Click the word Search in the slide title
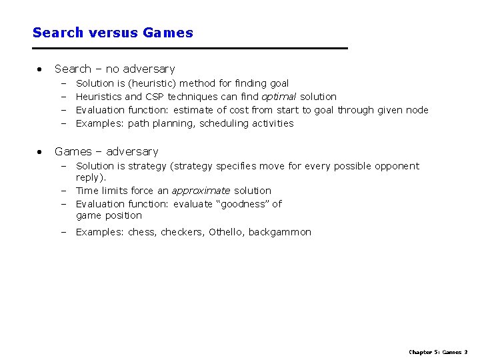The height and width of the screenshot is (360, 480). coord(57,33)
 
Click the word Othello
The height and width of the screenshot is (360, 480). coord(227,232)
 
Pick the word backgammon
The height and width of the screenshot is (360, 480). coord(280,232)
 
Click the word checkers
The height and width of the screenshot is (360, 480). coord(182,232)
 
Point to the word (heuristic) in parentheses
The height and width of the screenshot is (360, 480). coord(151,83)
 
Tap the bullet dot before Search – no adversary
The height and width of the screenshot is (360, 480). coord(41,69)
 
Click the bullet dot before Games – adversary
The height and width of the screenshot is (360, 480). coord(41,151)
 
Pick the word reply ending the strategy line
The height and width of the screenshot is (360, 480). coord(89,178)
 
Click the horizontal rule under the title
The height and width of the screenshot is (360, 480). coord(190,49)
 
